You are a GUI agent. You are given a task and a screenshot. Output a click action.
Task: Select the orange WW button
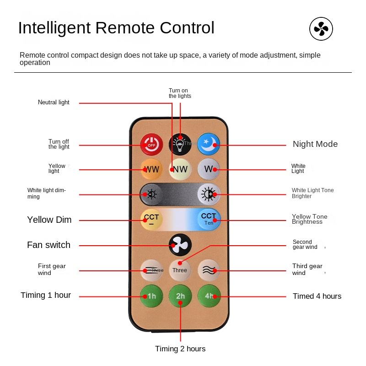tap(151, 169)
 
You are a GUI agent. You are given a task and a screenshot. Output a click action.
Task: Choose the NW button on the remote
tap(180, 169)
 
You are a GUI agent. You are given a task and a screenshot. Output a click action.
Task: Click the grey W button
tap(209, 169)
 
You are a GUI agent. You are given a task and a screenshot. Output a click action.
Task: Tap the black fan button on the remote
tap(180, 245)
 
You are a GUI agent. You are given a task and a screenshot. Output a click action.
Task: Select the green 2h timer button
tap(180, 296)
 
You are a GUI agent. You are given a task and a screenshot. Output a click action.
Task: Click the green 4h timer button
tap(209, 296)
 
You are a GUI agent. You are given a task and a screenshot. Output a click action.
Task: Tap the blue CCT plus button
tap(209, 219)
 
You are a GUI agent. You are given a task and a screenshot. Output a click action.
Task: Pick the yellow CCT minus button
tap(151, 219)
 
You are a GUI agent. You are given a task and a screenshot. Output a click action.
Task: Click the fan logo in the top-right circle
tap(321, 29)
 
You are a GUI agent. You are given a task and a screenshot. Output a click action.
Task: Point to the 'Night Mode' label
tap(315, 144)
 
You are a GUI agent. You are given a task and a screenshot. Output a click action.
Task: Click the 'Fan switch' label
tap(48, 245)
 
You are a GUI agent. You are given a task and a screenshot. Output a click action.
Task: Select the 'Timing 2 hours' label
tap(180, 349)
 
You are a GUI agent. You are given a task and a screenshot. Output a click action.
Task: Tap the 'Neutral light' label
tap(54, 102)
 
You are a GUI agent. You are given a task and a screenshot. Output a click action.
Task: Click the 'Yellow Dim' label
tap(49, 220)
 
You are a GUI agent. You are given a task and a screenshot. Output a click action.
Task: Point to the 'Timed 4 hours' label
tap(317, 296)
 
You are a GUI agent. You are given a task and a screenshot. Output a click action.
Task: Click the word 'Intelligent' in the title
tap(54, 28)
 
